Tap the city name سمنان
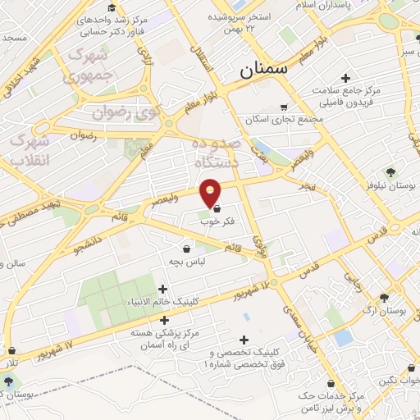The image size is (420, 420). tap(265, 70)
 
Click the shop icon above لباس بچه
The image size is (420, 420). tap(186, 249)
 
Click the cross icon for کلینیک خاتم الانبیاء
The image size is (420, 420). tap(162, 289)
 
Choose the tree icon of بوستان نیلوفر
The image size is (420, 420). tap(390, 171)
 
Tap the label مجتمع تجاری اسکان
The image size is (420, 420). tap(284, 118)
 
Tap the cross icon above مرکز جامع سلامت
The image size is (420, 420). tap(333, 78)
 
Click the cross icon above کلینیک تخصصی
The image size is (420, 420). tap(243, 340)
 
